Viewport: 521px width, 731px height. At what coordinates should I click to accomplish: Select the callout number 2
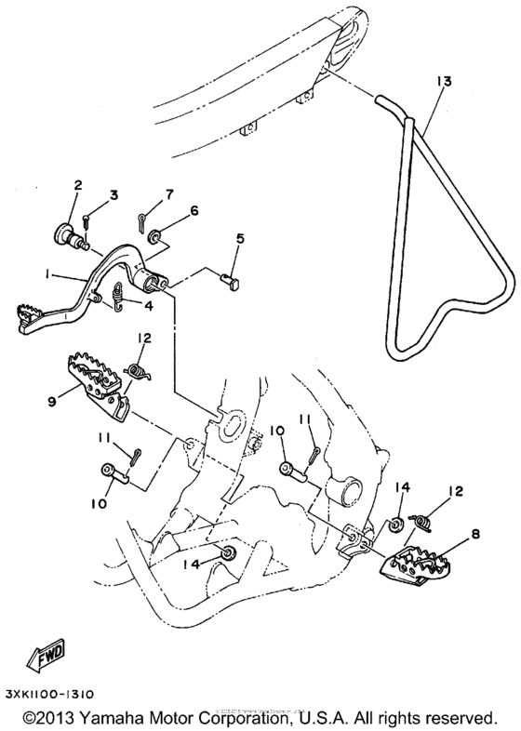click(79, 185)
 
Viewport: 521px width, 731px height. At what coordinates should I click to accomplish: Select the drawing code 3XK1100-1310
click(67, 694)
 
